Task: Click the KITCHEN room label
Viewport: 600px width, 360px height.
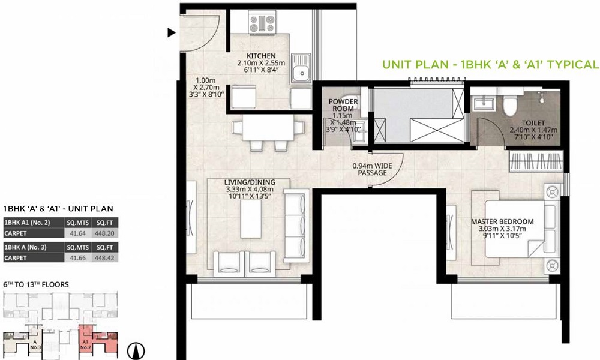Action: click(261, 56)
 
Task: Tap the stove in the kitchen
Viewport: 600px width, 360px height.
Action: click(262, 23)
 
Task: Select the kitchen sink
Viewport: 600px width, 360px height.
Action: click(301, 68)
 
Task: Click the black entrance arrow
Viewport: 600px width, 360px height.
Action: click(172, 32)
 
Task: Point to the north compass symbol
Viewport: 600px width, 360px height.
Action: click(136, 350)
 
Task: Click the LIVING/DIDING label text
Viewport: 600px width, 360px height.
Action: click(250, 182)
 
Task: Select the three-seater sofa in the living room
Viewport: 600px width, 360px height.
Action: click(296, 225)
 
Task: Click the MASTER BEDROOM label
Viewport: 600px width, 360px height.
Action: click(502, 221)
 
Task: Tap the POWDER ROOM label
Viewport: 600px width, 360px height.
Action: click(343, 105)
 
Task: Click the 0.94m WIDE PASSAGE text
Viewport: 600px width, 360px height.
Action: click(373, 169)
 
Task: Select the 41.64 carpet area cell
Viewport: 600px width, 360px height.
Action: click(78, 233)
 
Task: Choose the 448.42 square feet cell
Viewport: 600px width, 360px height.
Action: click(105, 258)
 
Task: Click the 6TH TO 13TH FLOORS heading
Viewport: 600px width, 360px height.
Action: click(36, 284)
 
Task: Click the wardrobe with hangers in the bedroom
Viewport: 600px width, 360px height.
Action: click(536, 161)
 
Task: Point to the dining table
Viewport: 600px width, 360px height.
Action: click(268, 128)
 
